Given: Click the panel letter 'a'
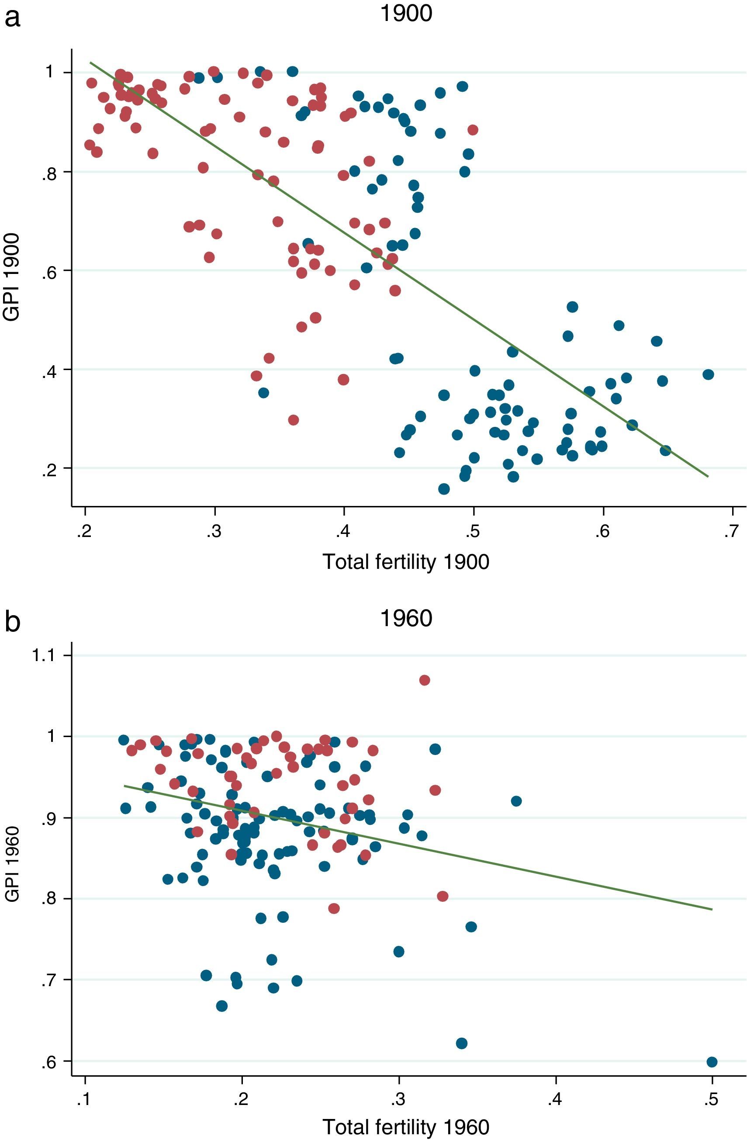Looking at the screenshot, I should pyautogui.click(x=13, y=19).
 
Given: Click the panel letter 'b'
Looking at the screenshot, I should pyautogui.click(x=13, y=623).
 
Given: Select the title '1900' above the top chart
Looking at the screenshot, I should pyautogui.click(x=406, y=14).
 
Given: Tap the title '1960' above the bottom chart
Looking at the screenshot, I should pyautogui.click(x=406, y=618).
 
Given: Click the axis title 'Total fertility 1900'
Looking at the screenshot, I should pyautogui.click(x=406, y=561).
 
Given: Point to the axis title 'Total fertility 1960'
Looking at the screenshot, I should pyautogui.click(x=406, y=1126).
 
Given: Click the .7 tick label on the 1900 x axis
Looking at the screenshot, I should pyautogui.click(x=730, y=533).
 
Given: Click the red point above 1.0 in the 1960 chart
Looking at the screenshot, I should pyautogui.click(x=424, y=680).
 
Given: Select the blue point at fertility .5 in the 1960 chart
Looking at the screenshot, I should pyautogui.click(x=712, y=1062).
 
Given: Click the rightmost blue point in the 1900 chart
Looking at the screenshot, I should pyautogui.click(x=708, y=374).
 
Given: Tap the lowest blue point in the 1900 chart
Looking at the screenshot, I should pyautogui.click(x=444, y=489).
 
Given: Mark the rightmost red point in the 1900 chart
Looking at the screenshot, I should pyautogui.click(x=473, y=130).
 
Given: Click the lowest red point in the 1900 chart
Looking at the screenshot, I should pyautogui.click(x=293, y=420).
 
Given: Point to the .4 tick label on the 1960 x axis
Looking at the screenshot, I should pyautogui.click(x=554, y=1098).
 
